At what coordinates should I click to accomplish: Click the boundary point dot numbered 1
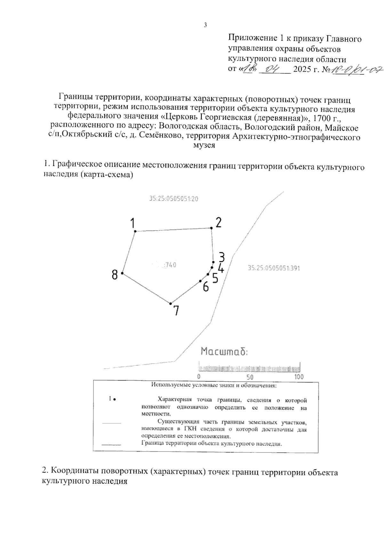(135, 231)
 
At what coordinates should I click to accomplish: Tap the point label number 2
(219, 222)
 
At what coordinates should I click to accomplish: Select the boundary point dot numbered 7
(171, 303)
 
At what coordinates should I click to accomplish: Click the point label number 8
(115, 274)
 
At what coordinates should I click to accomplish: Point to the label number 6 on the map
(206, 287)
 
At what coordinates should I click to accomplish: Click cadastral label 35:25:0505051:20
(173, 199)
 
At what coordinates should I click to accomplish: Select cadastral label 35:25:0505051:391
(274, 268)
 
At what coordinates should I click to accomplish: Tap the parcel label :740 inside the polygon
(170, 265)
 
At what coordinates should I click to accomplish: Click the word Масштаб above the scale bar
(224, 352)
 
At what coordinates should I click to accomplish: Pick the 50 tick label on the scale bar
(250, 377)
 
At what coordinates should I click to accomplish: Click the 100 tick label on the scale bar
(299, 377)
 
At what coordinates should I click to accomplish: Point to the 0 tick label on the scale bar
(199, 377)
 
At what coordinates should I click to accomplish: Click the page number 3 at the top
(205, 25)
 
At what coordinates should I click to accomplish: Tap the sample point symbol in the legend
(114, 399)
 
